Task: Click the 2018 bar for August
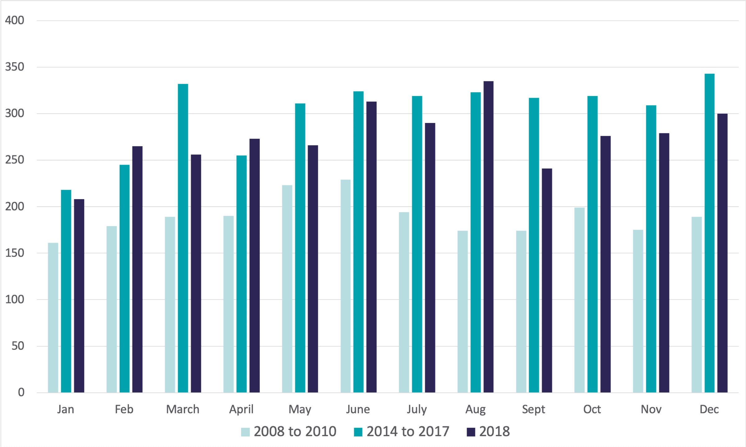pyautogui.click(x=488, y=237)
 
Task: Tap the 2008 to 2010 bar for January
pyautogui.click(x=53, y=317)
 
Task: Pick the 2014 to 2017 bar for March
pyautogui.click(x=183, y=238)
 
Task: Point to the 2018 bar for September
pyautogui.click(x=547, y=281)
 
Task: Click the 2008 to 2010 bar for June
pyautogui.click(x=346, y=286)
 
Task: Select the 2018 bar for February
pyautogui.click(x=137, y=269)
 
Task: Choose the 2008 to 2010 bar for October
pyautogui.click(x=580, y=300)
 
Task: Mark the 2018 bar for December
pyautogui.click(x=722, y=253)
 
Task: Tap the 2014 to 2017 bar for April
pyautogui.click(x=242, y=274)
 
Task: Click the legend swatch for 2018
pyautogui.click(x=471, y=432)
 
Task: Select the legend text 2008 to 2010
pyautogui.click(x=295, y=431)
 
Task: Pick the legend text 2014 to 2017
pyautogui.click(x=408, y=431)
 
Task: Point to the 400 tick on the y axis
pyautogui.click(x=15, y=21)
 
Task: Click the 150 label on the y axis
pyautogui.click(x=15, y=253)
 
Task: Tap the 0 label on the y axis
pyautogui.click(x=21, y=392)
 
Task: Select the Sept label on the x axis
pyautogui.click(x=533, y=409)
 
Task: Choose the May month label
pyautogui.click(x=300, y=409)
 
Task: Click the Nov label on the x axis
pyautogui.click(x=651, y=409)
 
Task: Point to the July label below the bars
pyautogui.click(x=417, y=409)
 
